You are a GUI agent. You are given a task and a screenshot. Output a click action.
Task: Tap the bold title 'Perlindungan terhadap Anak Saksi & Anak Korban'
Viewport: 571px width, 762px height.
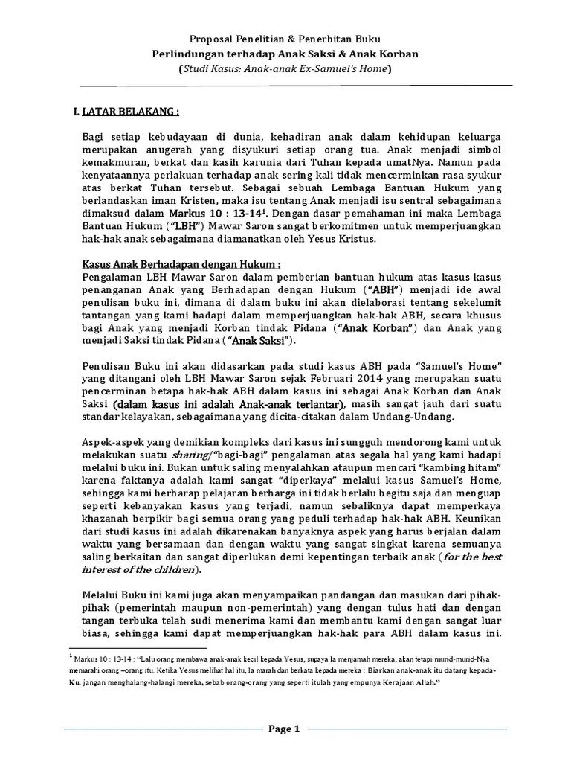pos(285,54)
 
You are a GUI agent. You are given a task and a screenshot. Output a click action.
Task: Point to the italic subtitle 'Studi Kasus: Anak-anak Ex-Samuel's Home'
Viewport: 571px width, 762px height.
pos(285,69)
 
